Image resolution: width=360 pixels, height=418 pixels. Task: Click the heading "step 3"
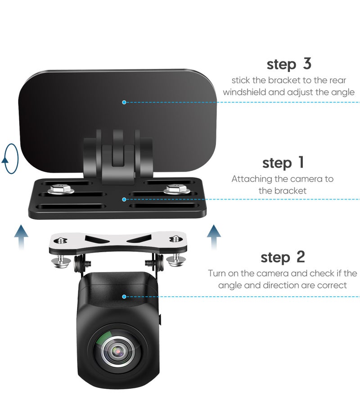click(x=288, y=64)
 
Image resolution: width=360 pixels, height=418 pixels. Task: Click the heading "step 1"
click(x=283, y=162)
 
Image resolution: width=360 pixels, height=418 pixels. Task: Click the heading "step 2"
click(x=283, y=257)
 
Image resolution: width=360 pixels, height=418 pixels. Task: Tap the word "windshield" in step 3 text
click(x=245, y=92)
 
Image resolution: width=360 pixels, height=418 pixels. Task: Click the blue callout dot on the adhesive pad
click(x=124, y=102)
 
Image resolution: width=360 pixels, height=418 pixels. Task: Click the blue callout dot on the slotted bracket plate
click(x=125, y=199)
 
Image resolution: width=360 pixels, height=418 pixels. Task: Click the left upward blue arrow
click(x=21, y=238)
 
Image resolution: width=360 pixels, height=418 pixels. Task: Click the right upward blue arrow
click(x=214, y=237)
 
